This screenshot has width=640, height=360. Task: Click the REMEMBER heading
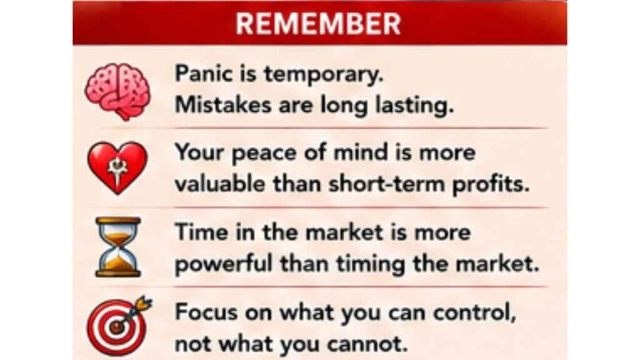[318, 24]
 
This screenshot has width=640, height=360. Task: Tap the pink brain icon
[117, 91]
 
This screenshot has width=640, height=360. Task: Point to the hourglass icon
[118, 247]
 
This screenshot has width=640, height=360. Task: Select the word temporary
[324, 75]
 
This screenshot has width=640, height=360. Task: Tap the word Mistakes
[223, 105]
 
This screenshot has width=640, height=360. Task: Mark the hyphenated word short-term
[386, 184]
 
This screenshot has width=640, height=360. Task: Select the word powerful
[223, 264]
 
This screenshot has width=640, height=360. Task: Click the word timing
[371, 265]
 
